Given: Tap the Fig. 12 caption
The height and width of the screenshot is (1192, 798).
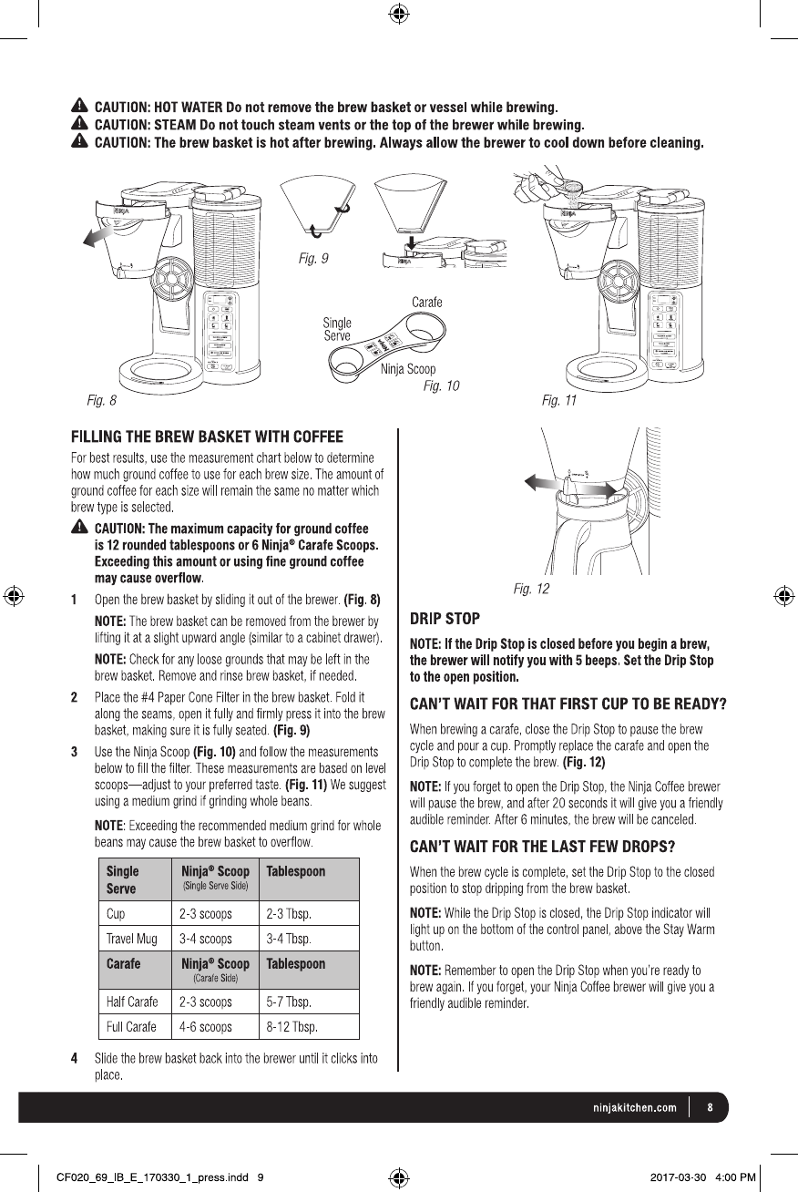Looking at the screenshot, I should [531, 589].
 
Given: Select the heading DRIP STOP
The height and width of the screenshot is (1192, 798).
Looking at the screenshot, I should [445, 620].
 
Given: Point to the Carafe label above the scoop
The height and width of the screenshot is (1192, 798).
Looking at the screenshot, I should [427, 303].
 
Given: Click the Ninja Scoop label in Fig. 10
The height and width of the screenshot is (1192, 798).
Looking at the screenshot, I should [407, 369].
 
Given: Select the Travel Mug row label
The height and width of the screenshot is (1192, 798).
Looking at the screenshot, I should [131, 938].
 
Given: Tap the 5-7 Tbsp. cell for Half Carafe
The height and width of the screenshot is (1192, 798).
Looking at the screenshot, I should [289, 1002].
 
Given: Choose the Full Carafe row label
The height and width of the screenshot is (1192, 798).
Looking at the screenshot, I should [131, 1026].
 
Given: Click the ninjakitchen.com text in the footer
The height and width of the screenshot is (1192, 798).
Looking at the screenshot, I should [629, 1108].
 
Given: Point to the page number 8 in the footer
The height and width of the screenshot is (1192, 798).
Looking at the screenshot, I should [710, 1108].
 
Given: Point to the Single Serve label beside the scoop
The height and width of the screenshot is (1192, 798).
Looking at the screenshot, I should [337, 329].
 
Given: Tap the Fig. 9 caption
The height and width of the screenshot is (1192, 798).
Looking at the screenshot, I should [313, 260].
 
